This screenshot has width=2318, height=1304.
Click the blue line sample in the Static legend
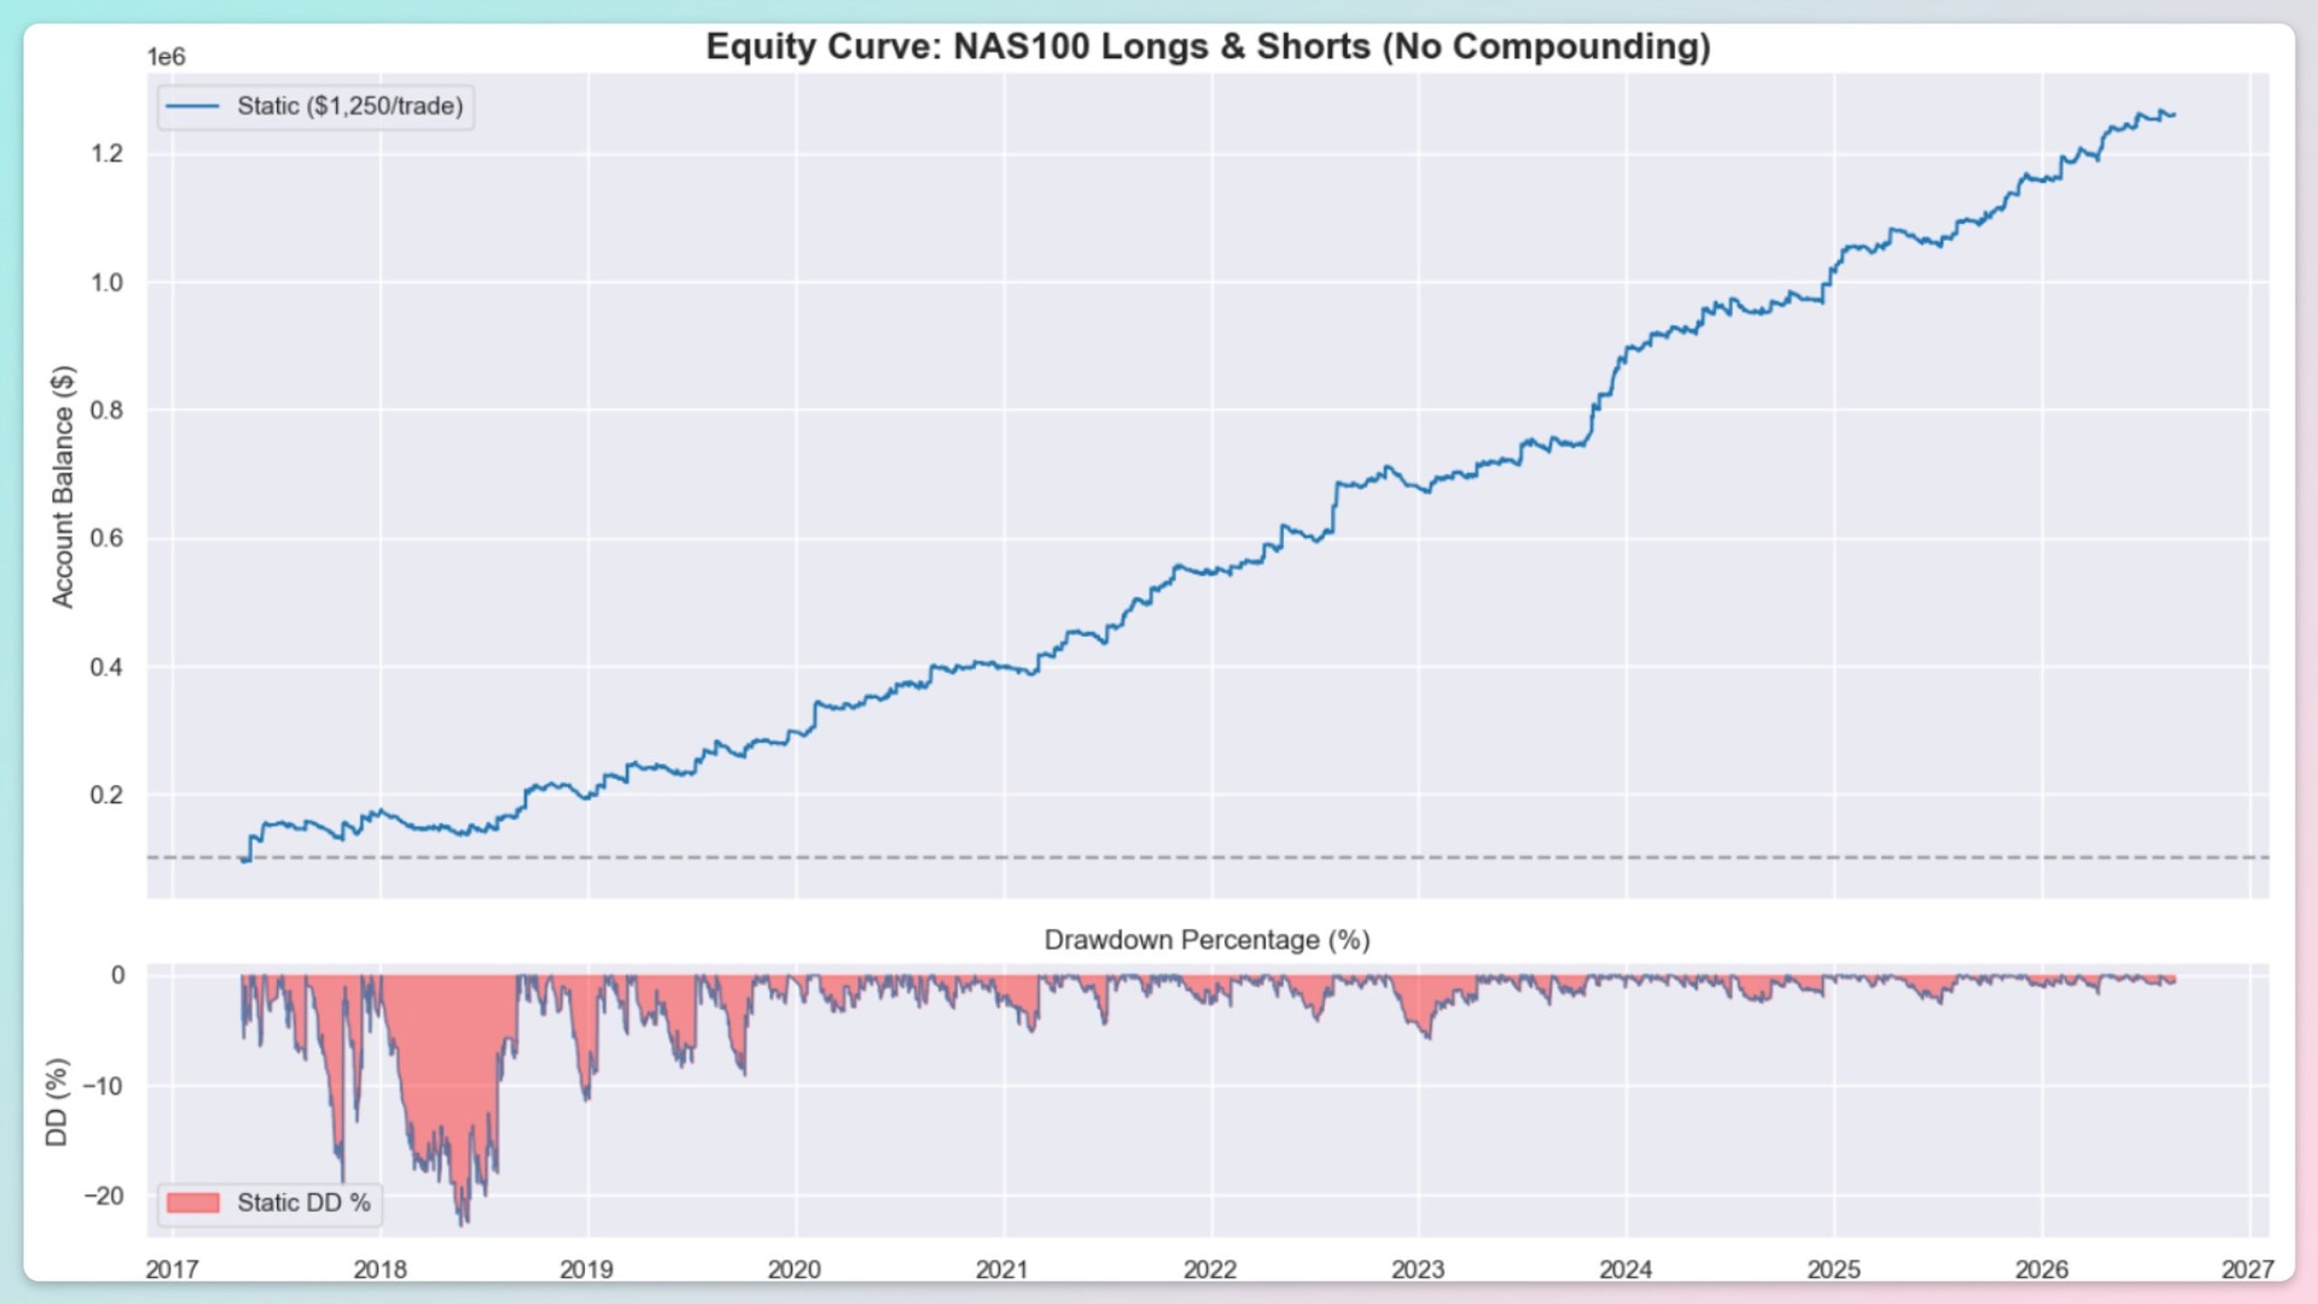(x=193, y=107)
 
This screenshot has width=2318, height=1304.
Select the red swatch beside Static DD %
(x=193, y=1203)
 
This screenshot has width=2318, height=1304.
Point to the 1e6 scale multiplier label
(x=167, y=57)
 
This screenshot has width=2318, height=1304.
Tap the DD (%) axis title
(x=56, y=1102)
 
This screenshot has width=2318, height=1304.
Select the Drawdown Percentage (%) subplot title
(x=1207, y=940)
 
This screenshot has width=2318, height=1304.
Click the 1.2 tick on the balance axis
(x=107, y=154)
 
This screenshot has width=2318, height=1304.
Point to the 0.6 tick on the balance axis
(x=107, y=539)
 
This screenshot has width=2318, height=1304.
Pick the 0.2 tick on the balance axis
(x=107, y=795)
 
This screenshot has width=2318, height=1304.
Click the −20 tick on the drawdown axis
(x=104, y=1196)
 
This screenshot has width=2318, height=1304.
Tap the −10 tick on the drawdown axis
(x=104, y=1086)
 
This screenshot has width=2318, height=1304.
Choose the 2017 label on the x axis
(x=172, y=1270)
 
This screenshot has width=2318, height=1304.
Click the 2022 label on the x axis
(x=1211, y=1270)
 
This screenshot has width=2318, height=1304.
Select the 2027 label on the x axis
(x=2249, y=1270)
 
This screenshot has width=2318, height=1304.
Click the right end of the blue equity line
(x=2175, y=115)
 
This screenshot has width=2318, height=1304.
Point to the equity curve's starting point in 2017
(x=243, y=860)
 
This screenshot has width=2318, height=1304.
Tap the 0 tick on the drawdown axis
(x=118, y=975)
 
